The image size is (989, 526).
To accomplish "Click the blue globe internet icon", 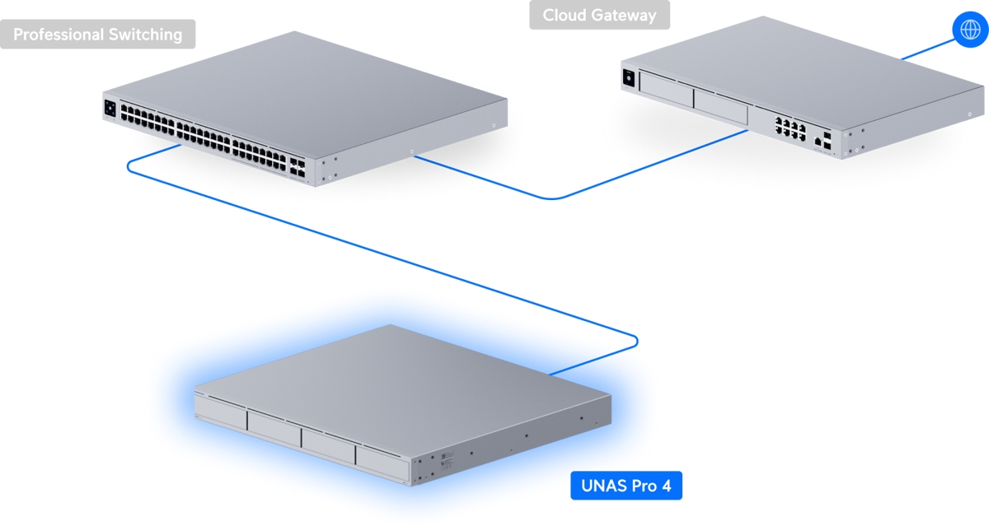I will pos(967,29).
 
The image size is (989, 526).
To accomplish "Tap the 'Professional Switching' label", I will pos(97,35).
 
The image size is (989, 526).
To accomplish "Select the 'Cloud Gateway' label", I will pos(599,15).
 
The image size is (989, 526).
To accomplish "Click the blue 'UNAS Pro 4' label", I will pos(626,486).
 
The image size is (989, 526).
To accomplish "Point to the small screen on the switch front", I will pos(110,108).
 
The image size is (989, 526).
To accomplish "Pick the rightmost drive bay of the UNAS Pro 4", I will pos(382,465).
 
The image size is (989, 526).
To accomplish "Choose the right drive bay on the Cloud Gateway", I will pos(719,108).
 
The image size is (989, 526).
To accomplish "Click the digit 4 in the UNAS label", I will pos(666,486).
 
